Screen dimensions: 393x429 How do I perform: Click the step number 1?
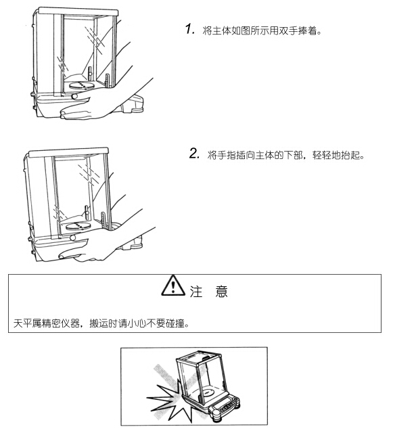pyautogui.click(x=189, y=29)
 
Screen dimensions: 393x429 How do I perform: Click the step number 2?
pyautogui.click(x=194, y=154)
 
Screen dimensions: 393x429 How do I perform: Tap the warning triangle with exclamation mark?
pyautogui.click(x=173, y=286)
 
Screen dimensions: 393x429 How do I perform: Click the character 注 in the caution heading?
pyautogui.click(x=195, y=292)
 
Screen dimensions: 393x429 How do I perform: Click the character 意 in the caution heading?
pyautogui.click(x=221, y=292)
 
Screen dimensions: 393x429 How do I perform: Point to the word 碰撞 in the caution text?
pyautogui.click(x=176, y=323)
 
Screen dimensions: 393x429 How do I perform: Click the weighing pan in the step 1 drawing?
pyautogui.click(x=82, y=85)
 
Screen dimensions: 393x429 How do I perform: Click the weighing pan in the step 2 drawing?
pyautogui.click(x=78, y=226)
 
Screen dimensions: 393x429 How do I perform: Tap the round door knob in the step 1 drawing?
pyautogui.click(x=74, y=96)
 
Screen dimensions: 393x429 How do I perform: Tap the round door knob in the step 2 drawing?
pyautogui.click(x=73, y=238)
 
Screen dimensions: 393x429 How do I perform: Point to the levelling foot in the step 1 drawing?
pyautogui.click(x=136, y=110)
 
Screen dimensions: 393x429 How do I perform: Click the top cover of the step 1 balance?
pyautogui.click(x=78, y=12)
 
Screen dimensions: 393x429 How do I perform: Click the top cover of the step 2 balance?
pyautogui.click(x=68, y=152)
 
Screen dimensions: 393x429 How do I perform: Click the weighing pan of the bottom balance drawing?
pyautogui.click(x=209, y=392)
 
